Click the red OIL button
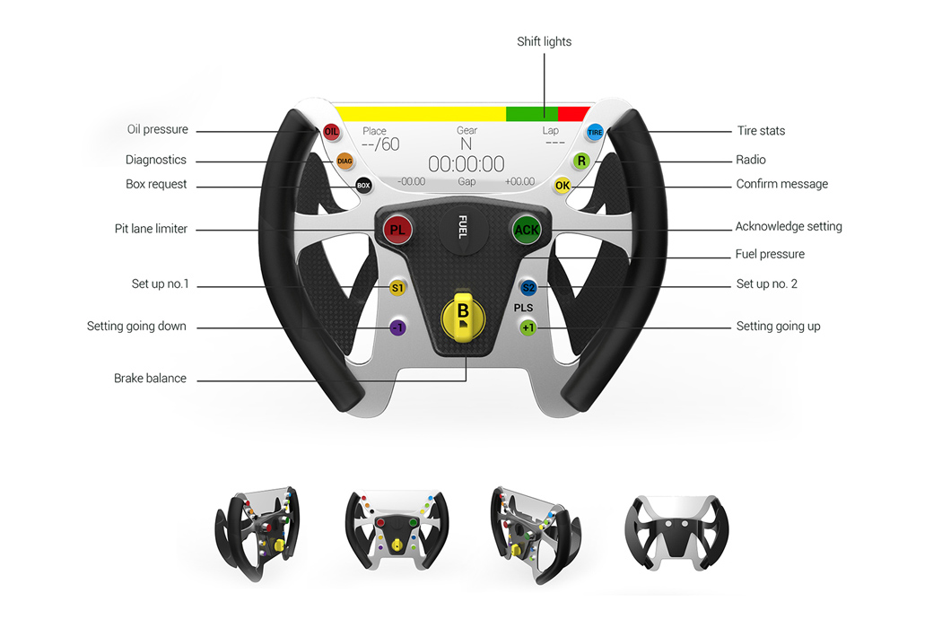[331, 132]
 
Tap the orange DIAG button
[345, 161]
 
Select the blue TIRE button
[595, 132]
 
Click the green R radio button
[581, 161]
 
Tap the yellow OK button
[563, 185]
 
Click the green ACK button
[527, 230]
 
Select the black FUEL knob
[463, 226]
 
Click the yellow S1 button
[397, 288]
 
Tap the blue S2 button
[528, 288]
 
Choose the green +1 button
[528, 327]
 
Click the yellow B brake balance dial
[463, 316]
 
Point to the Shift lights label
[544, 41]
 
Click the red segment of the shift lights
[573, 114]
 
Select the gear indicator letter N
[466, 144]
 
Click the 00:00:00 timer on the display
[466, 164]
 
